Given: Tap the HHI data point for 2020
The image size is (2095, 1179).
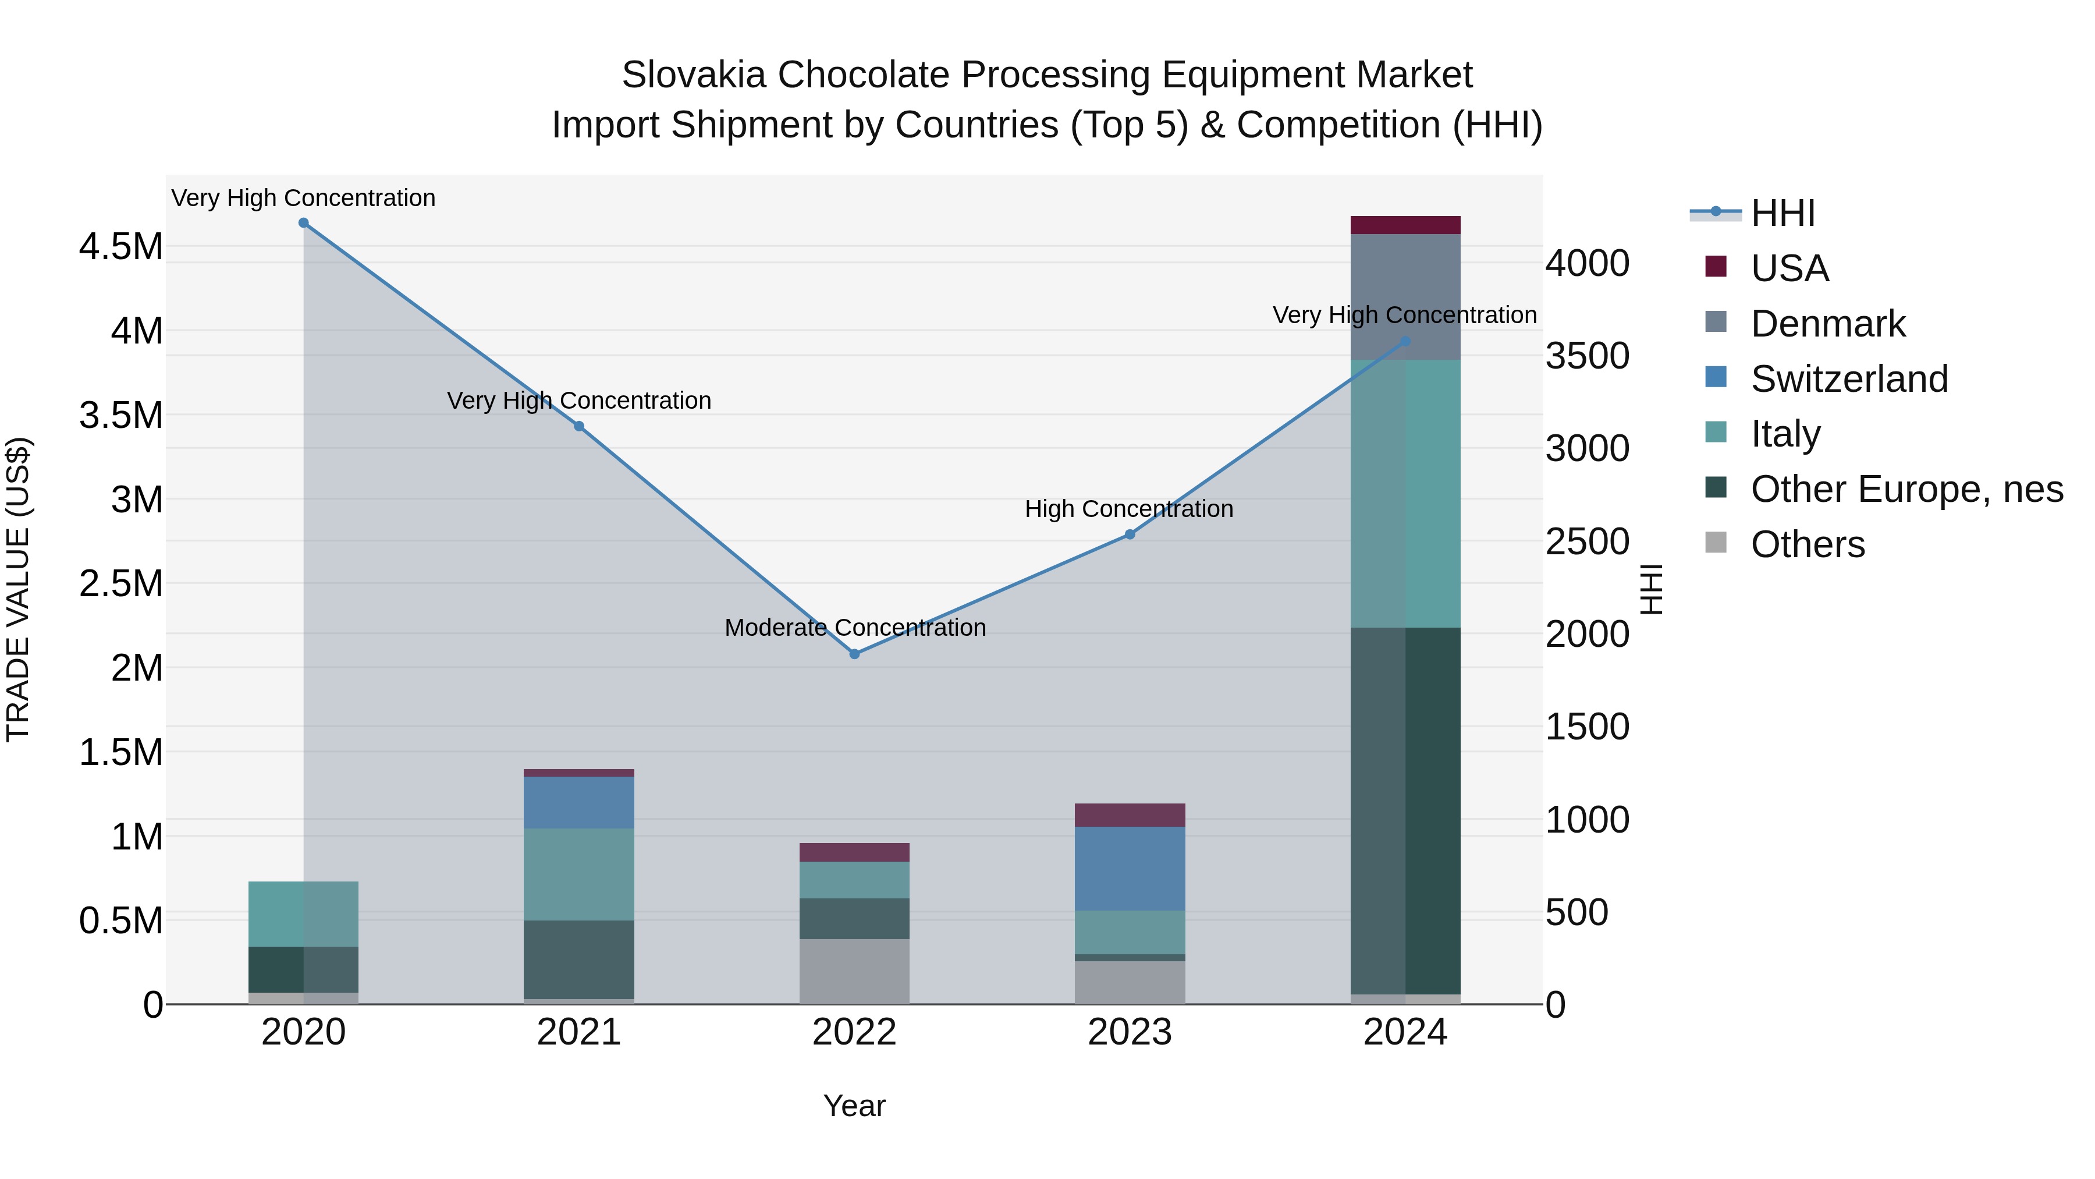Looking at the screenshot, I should tap(303, 223).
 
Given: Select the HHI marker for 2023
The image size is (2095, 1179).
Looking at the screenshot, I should tap(1130, 534).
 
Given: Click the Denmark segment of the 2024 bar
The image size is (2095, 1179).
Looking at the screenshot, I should tap(1405, 297).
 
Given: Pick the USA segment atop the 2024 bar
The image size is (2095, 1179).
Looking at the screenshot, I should tap(1405, 225).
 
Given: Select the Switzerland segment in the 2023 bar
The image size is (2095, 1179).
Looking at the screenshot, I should tap(1130, 868).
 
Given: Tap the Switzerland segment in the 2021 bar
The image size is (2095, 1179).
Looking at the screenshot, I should tap(579, 802).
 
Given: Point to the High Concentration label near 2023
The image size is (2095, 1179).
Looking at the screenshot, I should tap(1129, 509).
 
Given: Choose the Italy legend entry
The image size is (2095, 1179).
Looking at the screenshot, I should tap(1785, 434).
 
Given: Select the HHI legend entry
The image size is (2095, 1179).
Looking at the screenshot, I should tap(1782, 213).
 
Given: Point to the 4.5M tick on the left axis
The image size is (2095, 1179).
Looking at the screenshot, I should tap(121, 246).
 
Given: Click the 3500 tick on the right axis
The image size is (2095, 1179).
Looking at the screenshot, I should tap(1587, 356).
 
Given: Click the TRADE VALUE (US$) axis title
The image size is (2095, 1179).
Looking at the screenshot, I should tap(18, 589).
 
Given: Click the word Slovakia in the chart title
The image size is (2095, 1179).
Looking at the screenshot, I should tap(693, 76).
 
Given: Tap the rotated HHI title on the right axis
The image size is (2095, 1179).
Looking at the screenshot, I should tap(1651, 589).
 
